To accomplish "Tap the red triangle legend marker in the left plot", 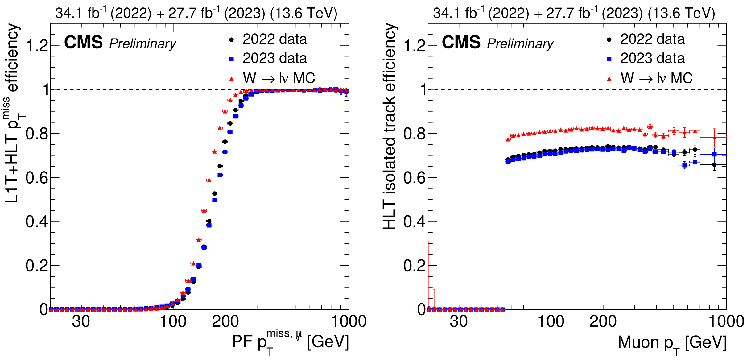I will [x=232, y=79].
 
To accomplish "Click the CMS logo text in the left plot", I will [x=83, y=42].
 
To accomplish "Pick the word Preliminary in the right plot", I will [x=520, y=44].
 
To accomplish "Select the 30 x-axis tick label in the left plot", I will [x=81, y=321].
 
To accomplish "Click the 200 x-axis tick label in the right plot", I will [x=603, y=321].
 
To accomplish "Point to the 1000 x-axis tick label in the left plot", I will [x=349, y=321].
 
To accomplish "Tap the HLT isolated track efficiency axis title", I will [x=390, y=126].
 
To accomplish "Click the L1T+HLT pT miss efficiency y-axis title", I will [x=12, y=113].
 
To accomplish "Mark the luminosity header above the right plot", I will [x=574, y=13].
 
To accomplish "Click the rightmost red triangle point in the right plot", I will [x=714, y=137].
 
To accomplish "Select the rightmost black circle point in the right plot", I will [x=714, y=165].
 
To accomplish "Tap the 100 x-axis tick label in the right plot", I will [x=551, y=321].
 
